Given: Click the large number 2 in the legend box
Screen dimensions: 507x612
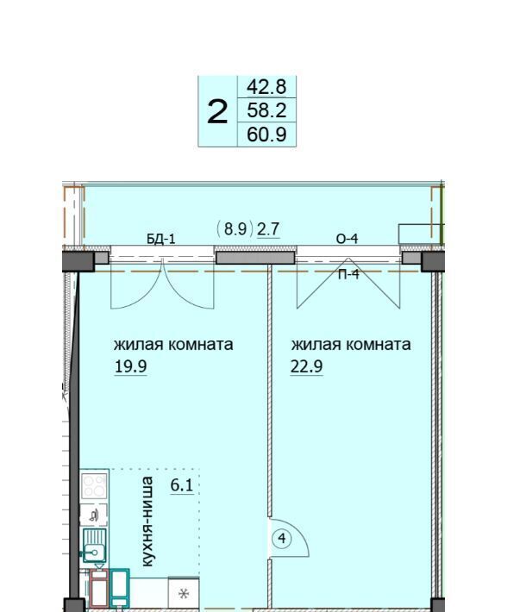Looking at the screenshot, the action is [x=217, y=112].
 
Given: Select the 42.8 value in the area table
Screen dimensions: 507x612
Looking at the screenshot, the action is [x=266, y=87].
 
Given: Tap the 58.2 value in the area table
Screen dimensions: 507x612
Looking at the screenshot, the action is [x=266, y=110].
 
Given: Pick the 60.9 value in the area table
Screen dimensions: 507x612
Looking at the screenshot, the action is [x=266, y=134].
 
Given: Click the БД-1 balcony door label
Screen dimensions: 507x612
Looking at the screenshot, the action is [x=161, y=239].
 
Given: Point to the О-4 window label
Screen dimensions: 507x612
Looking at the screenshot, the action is [x=347, y=239].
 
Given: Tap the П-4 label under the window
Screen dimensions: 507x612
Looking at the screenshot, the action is [x=348, y=274].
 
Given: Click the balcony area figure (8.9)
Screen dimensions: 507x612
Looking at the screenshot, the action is [x=235, y=228].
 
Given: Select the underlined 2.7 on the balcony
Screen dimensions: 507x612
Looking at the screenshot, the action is [x=268, y=228].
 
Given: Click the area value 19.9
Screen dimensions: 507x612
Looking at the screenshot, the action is [x=130, y=366].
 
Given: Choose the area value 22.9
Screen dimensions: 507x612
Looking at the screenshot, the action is [x=306, y=366].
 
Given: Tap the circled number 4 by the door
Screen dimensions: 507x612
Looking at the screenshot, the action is [x=282, y=539].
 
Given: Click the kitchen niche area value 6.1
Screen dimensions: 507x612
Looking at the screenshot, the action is [x=182, y=485].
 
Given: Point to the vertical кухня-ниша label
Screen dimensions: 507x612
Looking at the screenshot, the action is [x=147, y=521].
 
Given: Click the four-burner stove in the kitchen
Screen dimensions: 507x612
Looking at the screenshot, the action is [x=94, y=485].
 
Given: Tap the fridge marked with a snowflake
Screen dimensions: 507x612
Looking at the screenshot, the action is [x=184, y=594].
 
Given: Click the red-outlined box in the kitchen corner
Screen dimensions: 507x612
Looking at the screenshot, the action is [x=99, y=589].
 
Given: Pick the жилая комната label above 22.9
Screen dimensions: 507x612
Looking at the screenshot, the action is [x=350, y=345].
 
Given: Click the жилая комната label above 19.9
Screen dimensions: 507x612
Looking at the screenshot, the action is [x=173, y=345].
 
